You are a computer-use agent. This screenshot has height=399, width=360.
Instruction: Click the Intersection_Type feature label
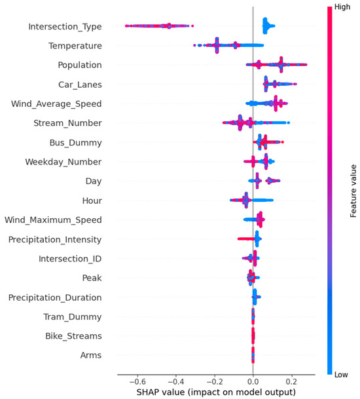click(x=65, y=27)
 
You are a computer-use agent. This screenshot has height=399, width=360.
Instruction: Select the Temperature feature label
click(x=75, y=46)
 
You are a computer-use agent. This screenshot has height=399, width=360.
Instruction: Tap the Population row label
click(x=79, y=66)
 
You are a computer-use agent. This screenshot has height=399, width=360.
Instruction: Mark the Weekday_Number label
click(x=63, y=161)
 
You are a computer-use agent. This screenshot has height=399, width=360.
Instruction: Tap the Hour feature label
click(x=92, y=200)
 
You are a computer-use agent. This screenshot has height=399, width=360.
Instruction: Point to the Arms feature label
click(x=90, y=356)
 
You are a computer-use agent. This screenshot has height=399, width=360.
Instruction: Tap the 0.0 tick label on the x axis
click(x=253, y=379)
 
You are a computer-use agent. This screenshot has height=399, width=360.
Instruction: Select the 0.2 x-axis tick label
click(x=291, y=379)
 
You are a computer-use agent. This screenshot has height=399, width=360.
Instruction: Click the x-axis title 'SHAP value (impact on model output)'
click(x=217, y=391)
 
